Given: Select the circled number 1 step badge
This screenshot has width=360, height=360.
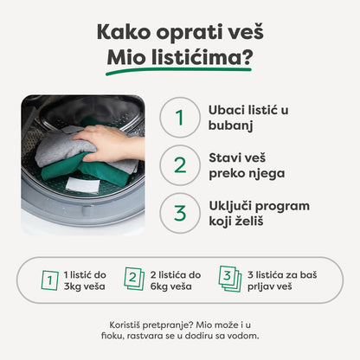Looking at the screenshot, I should tap(178, 119).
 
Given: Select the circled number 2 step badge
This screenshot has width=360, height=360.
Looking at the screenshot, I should tap(178, 164).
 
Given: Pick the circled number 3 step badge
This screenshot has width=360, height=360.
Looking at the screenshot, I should tap(178, 211).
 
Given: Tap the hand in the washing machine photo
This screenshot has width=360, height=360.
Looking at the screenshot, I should tap(112, 142).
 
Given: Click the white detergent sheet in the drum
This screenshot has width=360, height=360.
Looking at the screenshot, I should tap(83, 184).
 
